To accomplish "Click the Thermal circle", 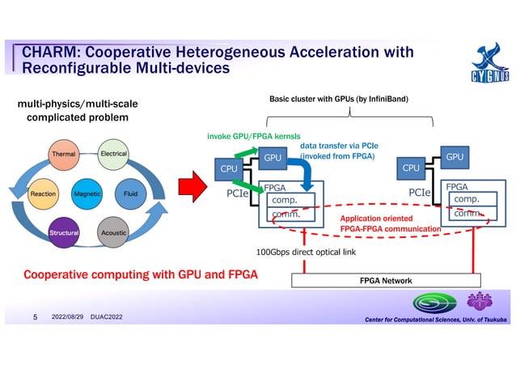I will [x=64, y=154].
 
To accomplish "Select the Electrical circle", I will [x=113, y=154].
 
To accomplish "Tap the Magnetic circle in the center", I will [x=87, y=194].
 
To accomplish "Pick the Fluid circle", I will [x=131, y=194].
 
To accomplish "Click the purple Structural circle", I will [x=64, y=233].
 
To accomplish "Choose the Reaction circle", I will [x=43, y=194].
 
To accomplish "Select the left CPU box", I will [x=230, y=169].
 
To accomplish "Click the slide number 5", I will [x=34, y=316].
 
